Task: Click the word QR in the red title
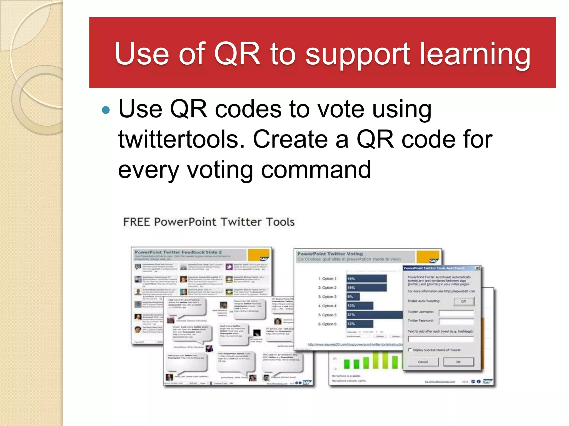tap(237, 54)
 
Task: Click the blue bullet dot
tap(106, 110)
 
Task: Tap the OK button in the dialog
tap(458, 362)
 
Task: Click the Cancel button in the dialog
tap(423, 362)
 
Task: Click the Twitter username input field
tap(456, 313)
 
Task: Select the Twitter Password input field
tap(456, 321)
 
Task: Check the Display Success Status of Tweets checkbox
tap(410, 350)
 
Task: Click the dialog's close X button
tap(477, 268)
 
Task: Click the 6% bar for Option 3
tap(353, 297)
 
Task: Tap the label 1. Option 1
tap(327, 278)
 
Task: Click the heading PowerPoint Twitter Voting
tap(330, 254)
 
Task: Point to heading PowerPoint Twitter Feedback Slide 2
tap(178, 252)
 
